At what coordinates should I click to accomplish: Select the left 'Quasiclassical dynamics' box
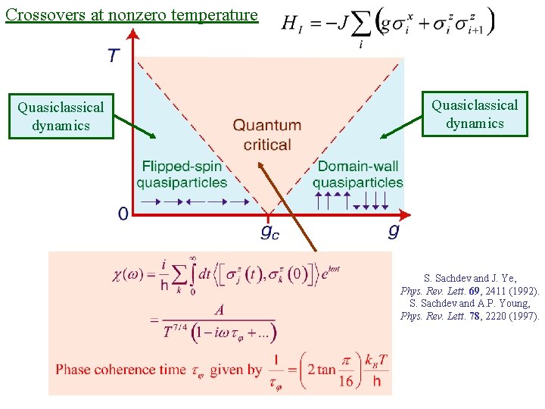tap(61, 116)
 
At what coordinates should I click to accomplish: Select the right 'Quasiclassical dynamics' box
tap(475, 114)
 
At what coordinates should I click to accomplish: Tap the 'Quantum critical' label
tap(267, 134)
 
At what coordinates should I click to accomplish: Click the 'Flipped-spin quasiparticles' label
tap(182, 174)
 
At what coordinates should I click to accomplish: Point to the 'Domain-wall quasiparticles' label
tap(357, 174)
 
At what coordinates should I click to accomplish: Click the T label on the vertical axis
tap(114, 56)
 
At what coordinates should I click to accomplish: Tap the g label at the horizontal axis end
tap(394, 229)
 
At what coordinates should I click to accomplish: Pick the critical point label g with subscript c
tap(269, 231)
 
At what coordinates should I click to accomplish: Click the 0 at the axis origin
tap(123, 214)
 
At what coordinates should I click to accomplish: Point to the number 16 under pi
tap(346, 381)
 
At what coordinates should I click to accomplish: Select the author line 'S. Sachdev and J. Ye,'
tap(469, 278)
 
